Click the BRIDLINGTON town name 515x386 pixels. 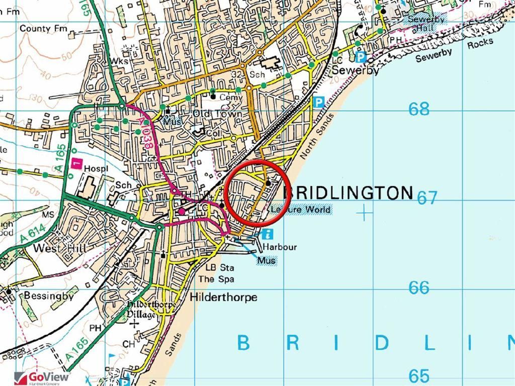(348, 192)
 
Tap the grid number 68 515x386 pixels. (419, 109)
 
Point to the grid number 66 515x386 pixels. (419, 287)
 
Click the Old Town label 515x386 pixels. (217, 114)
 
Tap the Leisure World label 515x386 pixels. (300, 209)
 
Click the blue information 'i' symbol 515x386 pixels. (268, 234)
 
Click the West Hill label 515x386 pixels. (53, 249)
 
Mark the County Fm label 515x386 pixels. (43, 29)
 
